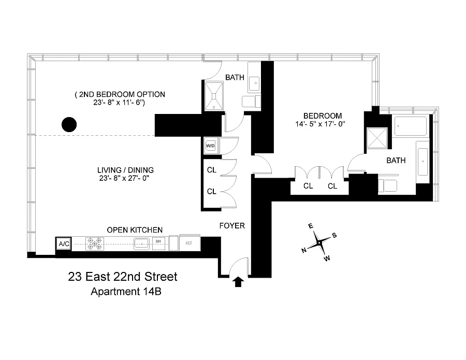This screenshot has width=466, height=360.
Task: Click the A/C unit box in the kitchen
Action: click(x=64, y=244)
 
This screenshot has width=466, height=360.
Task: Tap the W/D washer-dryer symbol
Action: click(x=210, y=146)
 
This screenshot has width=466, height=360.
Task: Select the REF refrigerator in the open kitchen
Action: click(x=190, y=243)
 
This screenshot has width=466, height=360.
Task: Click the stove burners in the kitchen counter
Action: click(x=95, y=244)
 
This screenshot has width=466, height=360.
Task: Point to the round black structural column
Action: click(x=69, y=124)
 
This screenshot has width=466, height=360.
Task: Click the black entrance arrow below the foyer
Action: click(x=238, y=282)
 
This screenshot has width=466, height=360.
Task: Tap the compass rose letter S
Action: click(x=334, y=236)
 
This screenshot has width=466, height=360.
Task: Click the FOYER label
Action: click(x=232, y=226)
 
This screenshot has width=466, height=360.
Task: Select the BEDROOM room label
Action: click(x=323, y=116)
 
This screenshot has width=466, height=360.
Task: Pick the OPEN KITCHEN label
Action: click(x=135, y=230)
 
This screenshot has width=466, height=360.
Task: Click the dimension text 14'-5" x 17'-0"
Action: click(x=320, y=124)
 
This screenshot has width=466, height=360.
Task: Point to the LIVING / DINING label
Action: click(x=125, y=170)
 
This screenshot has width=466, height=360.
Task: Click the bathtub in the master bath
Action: click(x=411, y=126)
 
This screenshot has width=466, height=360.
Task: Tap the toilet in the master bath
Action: click(x=387, y=186)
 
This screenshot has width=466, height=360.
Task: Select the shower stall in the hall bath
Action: click(x=214, y=96)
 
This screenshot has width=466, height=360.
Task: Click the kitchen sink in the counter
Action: click(x=142, y=244)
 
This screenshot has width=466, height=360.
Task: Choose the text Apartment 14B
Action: click(x=126, y=291)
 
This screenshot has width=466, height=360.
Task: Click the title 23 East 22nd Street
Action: click(x=122, y=277)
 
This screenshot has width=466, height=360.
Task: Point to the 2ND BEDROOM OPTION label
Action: click(x=120, y=95)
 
